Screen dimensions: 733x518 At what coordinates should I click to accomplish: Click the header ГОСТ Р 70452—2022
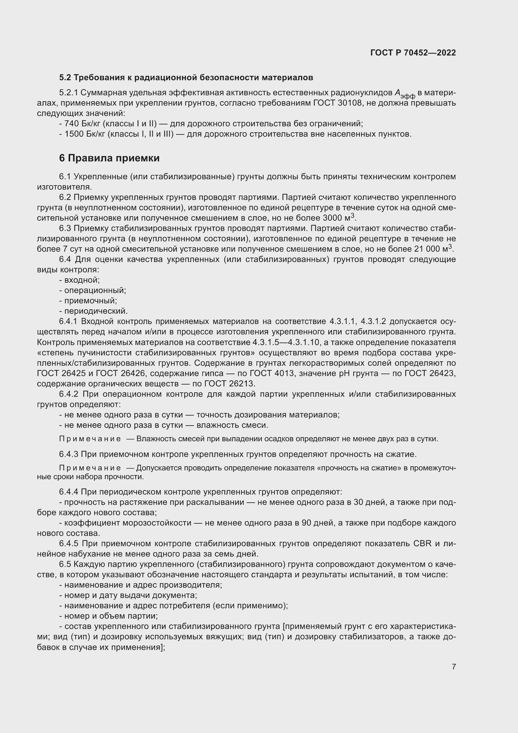click(x=413, y=53)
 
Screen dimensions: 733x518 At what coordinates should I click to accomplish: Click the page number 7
click(x=453, y=667)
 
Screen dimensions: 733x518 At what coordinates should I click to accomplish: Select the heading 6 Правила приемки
click(x=109, y=158)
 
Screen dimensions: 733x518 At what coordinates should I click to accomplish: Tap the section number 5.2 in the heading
click(x=65, y=78)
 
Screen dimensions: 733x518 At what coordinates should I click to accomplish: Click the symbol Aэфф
click(x=404, y=93)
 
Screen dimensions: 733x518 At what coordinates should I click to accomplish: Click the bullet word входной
click(x=82, y=280)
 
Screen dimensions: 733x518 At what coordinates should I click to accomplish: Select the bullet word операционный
click(x=95, y=291)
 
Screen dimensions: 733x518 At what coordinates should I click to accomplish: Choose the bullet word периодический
click(x=96, y=311)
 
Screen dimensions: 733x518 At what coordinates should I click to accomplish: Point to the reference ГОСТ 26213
click(x=229, y=383)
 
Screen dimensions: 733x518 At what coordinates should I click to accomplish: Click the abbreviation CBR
click(x=422, y=543)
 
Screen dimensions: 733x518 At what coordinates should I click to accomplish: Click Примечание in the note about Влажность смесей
click(x=90, y=439)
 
